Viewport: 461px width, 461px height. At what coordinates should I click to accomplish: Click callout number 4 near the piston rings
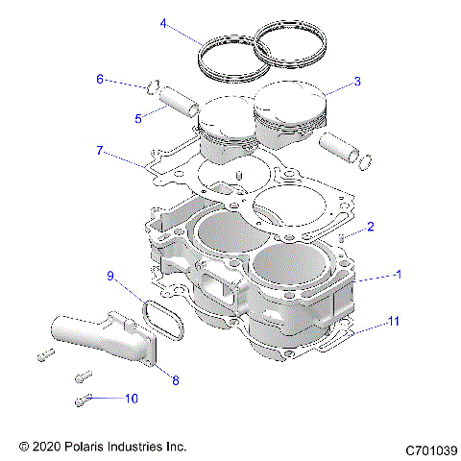coord(163,22)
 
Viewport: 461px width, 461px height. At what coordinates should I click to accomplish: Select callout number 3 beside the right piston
coord(357,82)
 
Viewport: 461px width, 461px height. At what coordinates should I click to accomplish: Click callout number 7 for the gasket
coord(100,151)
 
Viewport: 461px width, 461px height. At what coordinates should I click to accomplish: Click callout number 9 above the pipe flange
coord(110,277)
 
